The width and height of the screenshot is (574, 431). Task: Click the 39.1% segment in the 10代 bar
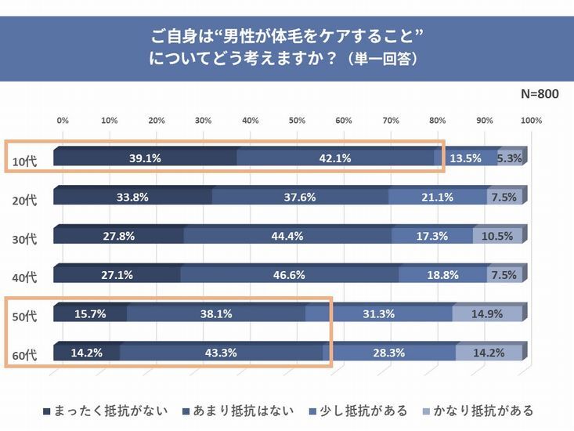pyautogui.click(x=145, y=158)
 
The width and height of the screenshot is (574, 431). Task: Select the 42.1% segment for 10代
pyautogui.click(x=334, y=158)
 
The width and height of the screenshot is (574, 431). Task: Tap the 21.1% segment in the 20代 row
pyautogui.click(x=437, y=197)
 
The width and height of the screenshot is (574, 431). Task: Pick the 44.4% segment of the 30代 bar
pyautogui.click(x=287, y=236)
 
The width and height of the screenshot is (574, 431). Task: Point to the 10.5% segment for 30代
pyautogui.click(x=497, y=236)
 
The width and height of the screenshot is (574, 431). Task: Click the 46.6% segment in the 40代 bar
pyautogui.click(x=289, y=275)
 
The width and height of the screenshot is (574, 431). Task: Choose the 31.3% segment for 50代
pyautogui.click(x=378, y=314)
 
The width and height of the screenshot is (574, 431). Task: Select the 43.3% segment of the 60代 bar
pyautogui.click(x=221, y=353)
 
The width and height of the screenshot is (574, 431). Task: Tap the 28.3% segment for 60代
pyautogui.click(x=389, y=353)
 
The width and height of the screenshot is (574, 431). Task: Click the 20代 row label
pyautogui.click(x=25, y=200)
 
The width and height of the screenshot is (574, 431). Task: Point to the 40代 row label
pyautogui.click(x=25, y=277)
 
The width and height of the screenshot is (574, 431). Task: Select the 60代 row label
pyautogui.click(x=25, y=356)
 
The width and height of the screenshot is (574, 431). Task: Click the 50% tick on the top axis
pyautogui.click(x=297, y=121)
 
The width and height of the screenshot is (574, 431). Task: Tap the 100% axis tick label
pyautogui.click(x=531, y=121)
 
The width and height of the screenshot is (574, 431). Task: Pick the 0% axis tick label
pyautogui.click(x=63, y=121)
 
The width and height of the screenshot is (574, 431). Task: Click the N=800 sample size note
pyautogui.click(x=540, y=94)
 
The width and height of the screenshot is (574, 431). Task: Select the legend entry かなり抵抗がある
pyautogui.click(x=478, y=411)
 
